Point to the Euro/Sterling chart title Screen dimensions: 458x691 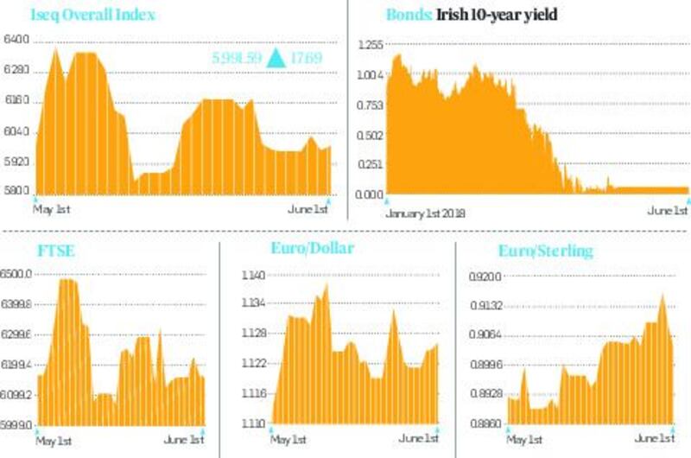pyautogui.click(x=546, y=251)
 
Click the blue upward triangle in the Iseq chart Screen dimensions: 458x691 pyautogui.click(x=276, y=59)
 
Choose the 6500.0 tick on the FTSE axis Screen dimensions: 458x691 pyautogui.click(x=18, y=274)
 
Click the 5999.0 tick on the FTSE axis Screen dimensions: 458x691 pyautogui.click(x=18, y=425)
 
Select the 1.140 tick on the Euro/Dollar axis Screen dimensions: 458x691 pyautogui.click(x=256, y=276)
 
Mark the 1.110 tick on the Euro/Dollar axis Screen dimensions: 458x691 pyautogui.click(x=256, y=424)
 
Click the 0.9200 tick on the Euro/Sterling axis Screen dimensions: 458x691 pyautogui.click(x=486, y=277)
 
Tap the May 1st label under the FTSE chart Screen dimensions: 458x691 pyautogui.click(x=54, y=441)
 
